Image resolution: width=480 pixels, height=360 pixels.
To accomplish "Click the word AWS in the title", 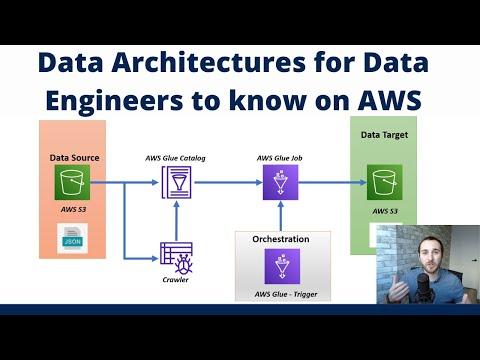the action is [x=390, y=100].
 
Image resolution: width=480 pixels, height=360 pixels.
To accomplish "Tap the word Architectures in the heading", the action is [x=208, y=62].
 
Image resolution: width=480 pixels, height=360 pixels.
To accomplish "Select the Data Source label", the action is [x=74, y=158].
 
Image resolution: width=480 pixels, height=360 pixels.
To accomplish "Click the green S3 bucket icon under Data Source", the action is [x=72, y=182].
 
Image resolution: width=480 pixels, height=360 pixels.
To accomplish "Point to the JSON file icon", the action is [x=72, y=238].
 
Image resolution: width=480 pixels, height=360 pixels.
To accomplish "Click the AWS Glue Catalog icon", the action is [x=177, y=182].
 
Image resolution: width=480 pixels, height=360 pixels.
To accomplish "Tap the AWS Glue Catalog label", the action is [x=175, y=158].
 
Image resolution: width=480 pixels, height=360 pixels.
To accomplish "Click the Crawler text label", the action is [x=176, y=280].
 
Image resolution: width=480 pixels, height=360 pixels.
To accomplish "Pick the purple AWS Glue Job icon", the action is [x=280, y=182].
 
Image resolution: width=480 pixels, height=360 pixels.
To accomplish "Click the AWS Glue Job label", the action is [x=280, y=158].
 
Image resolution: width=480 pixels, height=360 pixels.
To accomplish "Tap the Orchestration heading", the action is [x=281, y=239].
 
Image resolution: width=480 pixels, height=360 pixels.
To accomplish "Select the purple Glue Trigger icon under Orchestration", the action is [x=282, y=266].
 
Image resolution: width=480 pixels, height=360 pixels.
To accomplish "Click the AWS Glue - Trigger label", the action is [x=286, y=294].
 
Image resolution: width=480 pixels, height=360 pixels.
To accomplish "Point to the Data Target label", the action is [x=384, y=135].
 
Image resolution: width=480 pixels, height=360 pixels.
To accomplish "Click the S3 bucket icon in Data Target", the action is [x=385, y=182].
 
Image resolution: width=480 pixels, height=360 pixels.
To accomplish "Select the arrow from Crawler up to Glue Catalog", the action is [x=177, y=220].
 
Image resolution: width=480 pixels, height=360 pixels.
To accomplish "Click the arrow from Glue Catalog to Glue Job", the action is [x=228, y=182].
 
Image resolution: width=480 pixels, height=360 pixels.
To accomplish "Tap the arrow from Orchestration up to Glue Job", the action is [x=281, y=216].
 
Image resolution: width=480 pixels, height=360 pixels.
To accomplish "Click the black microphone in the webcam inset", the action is [x=423, y=288].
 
